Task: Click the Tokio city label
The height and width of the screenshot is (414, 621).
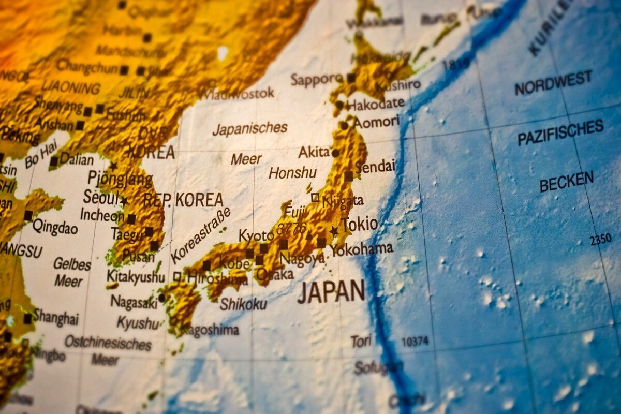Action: tap(360, 225)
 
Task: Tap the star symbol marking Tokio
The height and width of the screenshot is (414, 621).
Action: tap(334, 231)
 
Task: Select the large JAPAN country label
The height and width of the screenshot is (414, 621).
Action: tap(331, 292)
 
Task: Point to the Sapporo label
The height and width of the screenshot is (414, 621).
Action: tap(316, 80)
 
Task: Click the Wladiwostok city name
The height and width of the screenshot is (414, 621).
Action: tap(238, 94)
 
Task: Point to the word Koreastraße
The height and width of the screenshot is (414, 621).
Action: tap(200, 235)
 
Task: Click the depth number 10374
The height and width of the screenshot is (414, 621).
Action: tap(415, 342)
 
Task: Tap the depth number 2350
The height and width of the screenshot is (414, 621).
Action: tap(600, 240)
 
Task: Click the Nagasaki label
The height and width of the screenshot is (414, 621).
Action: tap(134, 302)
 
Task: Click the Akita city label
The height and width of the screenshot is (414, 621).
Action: tap(314, 152)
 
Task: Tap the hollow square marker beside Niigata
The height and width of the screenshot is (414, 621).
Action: tap(315, 197)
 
